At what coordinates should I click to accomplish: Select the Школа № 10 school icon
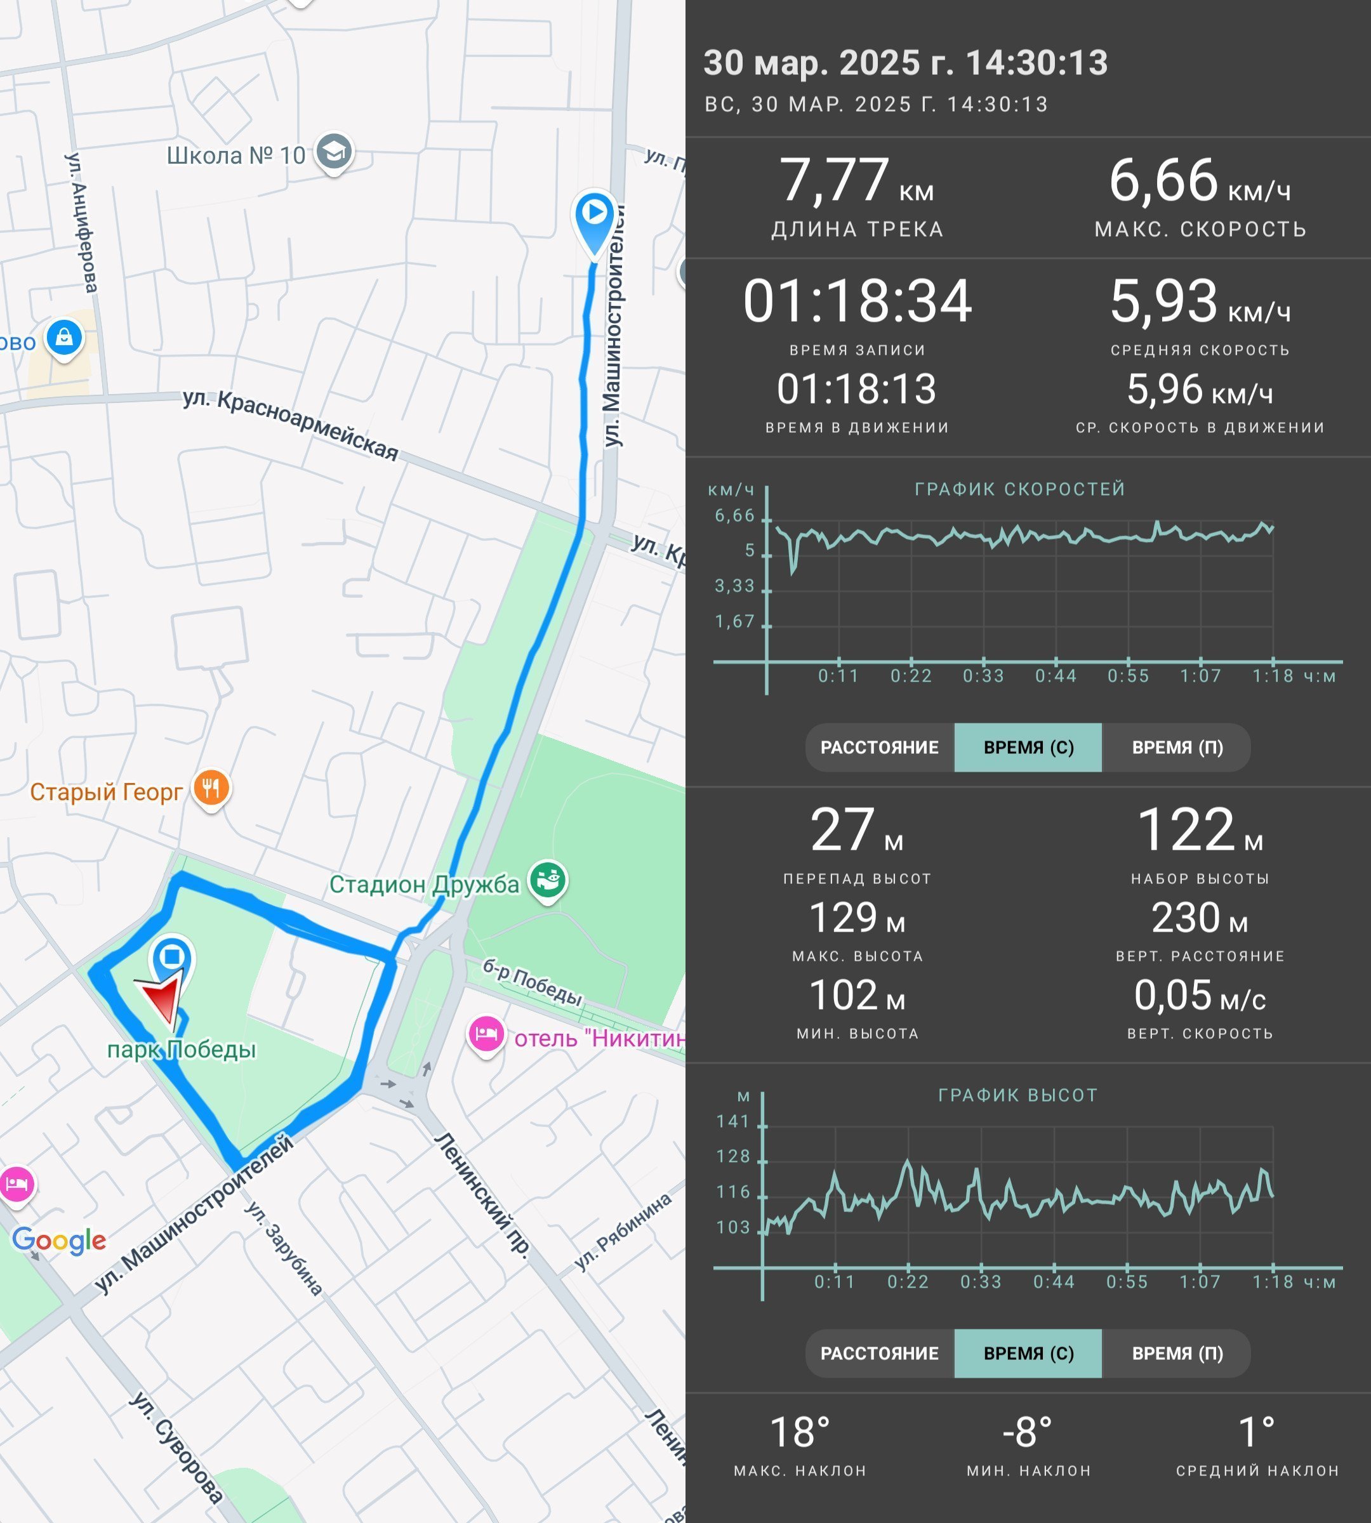(x=334, y=153)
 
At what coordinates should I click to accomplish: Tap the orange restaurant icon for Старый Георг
(x=211, y=789)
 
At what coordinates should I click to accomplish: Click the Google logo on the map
(x=60, y=1241)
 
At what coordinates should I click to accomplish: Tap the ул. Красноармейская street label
(x=291, y=424)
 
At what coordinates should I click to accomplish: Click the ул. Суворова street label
(x=176, y=1447)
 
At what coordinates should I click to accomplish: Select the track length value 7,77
(x=834, y=181)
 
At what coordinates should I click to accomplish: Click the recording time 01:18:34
(x=858, y=301)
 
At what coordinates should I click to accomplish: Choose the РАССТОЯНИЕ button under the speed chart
(x=879, y=747)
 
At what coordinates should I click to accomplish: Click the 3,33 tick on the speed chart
(x=734, y=586)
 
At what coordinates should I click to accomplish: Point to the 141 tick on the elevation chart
(x=733, y=1121)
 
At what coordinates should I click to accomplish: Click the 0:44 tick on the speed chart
(x=1056, y=676)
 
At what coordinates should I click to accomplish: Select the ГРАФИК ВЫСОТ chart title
(x=1017, y=1095)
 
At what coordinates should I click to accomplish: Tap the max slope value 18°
(x=800, y=1432)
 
